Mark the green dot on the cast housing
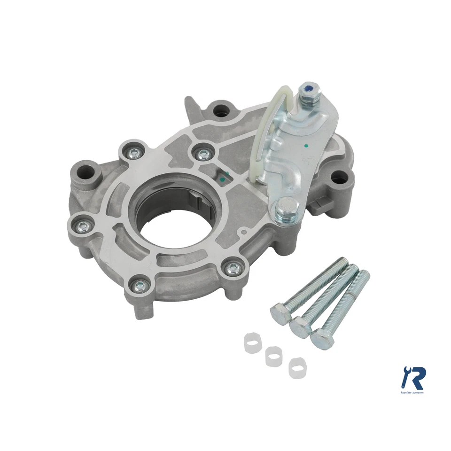[x=226, y=175]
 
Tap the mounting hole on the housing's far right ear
[x=340, y=177]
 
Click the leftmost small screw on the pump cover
[x=83, y=226]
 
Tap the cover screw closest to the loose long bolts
[x=232, y=268]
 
